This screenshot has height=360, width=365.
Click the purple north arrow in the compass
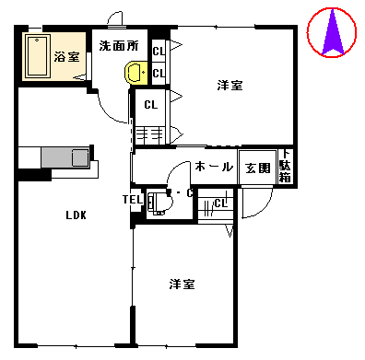coord(332,34)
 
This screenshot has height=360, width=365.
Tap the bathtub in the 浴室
coord(38,56)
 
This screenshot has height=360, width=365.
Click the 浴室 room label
coord(67,57)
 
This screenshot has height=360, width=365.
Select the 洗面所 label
coord(119,46)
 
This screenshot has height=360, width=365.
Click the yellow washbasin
coord(136,72)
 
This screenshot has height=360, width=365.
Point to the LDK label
coord(76,215)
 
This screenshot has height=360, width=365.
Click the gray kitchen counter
coord(65,157)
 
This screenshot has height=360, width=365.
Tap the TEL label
coord(133,200)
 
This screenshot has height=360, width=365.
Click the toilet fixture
coord(159,203)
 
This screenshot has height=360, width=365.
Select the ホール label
coord(214,168)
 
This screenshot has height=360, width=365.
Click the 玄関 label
coord(257,168)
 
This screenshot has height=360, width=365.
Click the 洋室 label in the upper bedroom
coord(230,86)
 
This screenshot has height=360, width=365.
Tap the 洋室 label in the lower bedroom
coord(182,285)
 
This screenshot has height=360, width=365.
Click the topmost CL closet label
coord(159,52)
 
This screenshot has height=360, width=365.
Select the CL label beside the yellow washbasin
coord(159,74)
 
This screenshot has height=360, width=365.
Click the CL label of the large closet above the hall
coord(151,105)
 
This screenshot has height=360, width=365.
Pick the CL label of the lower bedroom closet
coord(220,203)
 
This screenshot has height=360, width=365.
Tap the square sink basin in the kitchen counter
coord(80,158)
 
